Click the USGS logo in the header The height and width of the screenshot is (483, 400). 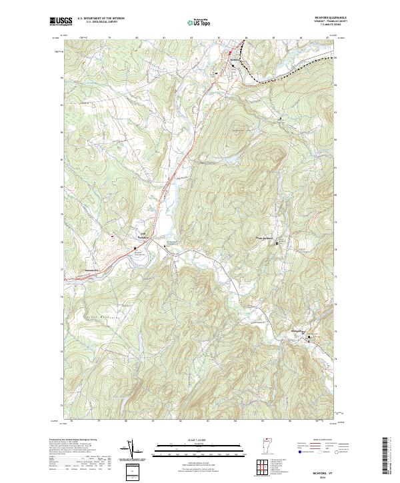59,21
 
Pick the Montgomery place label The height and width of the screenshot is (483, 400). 297,331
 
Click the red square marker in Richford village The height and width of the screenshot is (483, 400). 231,53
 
